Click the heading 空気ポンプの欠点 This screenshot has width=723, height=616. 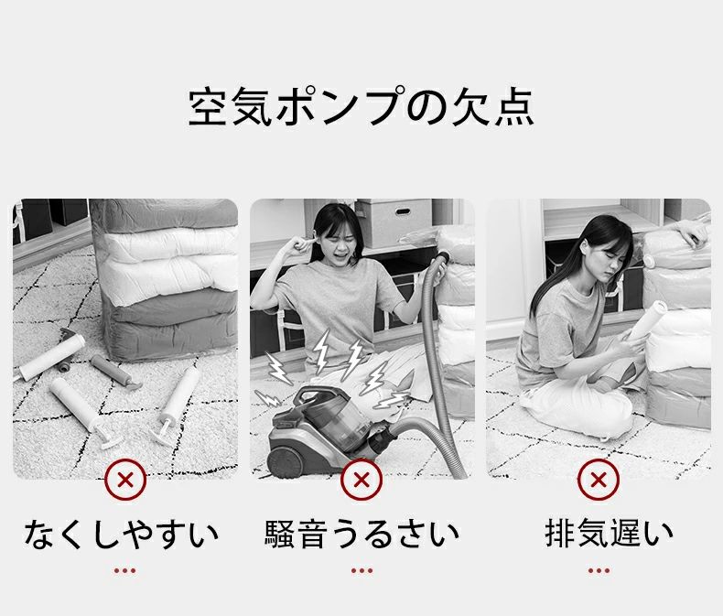tap(361, 107)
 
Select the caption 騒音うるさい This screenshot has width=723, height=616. tap(361, 533)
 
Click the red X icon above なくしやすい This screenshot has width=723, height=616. tap(125, 479)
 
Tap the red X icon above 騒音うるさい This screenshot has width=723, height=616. tap(361, 479)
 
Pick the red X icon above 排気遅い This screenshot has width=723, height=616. tap(598, 479)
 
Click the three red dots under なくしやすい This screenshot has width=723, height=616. tap(124, 570)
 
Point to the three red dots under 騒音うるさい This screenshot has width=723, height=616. tap(361, 570)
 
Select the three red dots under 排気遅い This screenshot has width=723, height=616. tap(598, 570)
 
